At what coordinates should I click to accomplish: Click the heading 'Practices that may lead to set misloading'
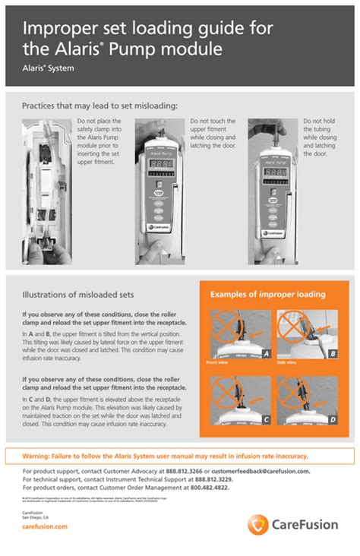99,106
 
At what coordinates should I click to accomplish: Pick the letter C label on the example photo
267,419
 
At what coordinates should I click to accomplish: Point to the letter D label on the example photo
333,419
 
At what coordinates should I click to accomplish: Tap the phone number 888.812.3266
185,472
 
